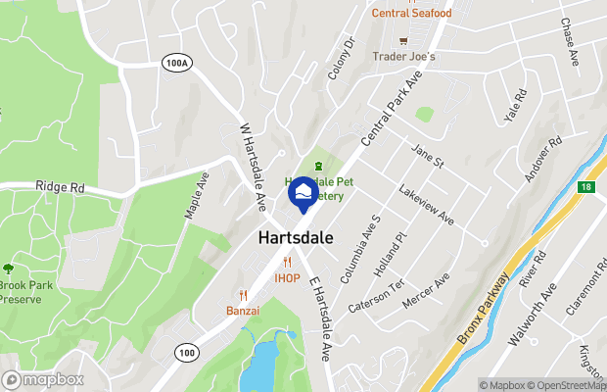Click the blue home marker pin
click(x=303, y=191)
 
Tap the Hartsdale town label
click(x=299, y=238)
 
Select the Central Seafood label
click(x=411, y=13)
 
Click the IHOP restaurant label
click(x=287, y=278)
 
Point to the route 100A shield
click(x=175, y=62)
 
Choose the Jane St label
click(x=427, y=155)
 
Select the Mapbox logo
click(x=42, y=379)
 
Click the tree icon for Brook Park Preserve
click(x=9, y=268)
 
